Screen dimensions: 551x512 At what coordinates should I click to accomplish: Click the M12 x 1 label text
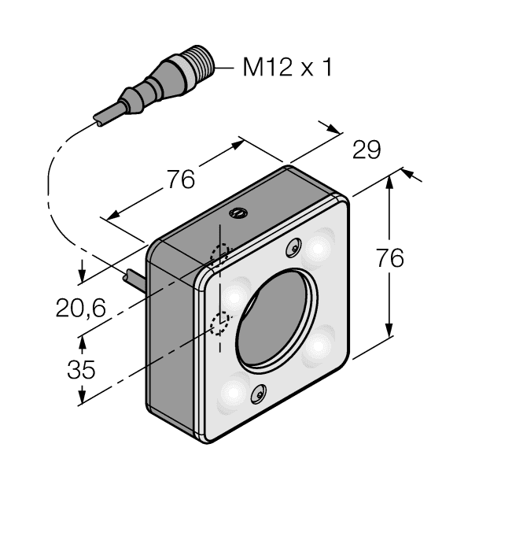tap(286, 68)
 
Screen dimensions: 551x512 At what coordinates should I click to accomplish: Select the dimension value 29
tap(366, 150)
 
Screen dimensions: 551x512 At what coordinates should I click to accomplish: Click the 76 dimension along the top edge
tap(180, 180)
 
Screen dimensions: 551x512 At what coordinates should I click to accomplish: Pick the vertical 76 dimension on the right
tap(390, 258)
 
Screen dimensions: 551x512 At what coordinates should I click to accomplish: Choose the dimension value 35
tap(80, 369)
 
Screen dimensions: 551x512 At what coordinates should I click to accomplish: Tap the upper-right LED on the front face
tap(319, 247)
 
